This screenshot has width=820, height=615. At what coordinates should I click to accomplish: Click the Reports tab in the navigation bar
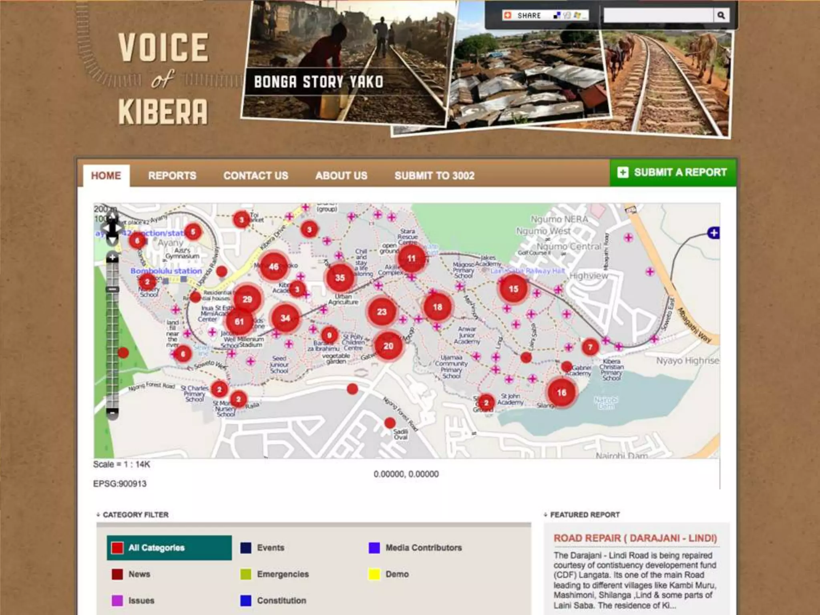pyautogui.click(x=172, y=175)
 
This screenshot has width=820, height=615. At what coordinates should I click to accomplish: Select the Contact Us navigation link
pyautogui.click(x=256, y=175)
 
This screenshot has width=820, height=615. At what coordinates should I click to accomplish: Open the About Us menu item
pyautogui.click(x=341, y=175)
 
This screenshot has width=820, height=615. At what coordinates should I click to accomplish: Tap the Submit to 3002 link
pyautogui.click(x=434, y=175)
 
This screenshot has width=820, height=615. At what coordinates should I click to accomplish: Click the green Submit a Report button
pyautogui.click(x=673, y=173)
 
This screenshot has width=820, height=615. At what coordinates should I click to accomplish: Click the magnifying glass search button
pyautogui.click(x=721, y=15)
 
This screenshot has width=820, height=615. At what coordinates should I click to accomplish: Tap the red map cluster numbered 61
pyautogui.click(x=239, y=322)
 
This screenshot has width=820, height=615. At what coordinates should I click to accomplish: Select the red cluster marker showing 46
pyautogui.click(x=274, y=266)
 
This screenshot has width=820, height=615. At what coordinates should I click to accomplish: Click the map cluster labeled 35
pyautogui.click(x=340, y=277)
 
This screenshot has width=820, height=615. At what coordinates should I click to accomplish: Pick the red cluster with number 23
pyautogui.click(x=382, y=312)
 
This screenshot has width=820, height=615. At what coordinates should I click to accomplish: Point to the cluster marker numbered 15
pyautogui.click(x=513, y=289)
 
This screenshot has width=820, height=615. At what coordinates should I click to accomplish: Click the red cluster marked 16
pyautogui.click(x=561, y=392)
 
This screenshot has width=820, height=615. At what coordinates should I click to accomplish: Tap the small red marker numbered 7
pyautogui.click(x=590, y=347)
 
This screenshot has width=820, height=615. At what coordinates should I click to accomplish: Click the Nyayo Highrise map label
pyautogui.click(x=687, y=361)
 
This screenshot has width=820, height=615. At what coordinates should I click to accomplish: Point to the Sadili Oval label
pyautogui.click(x=400, y=434)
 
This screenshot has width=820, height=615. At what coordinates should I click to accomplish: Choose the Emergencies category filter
pyautogui.click(x=283, y=574)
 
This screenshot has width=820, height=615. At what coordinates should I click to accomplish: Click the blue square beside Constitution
pyautogui.click(x=246, y=601)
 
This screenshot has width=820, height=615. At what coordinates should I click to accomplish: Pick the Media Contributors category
pyautogui.click(x=423, y=548)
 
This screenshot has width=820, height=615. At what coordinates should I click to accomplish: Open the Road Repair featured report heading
pyautogui.click(x=635, y=538)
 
